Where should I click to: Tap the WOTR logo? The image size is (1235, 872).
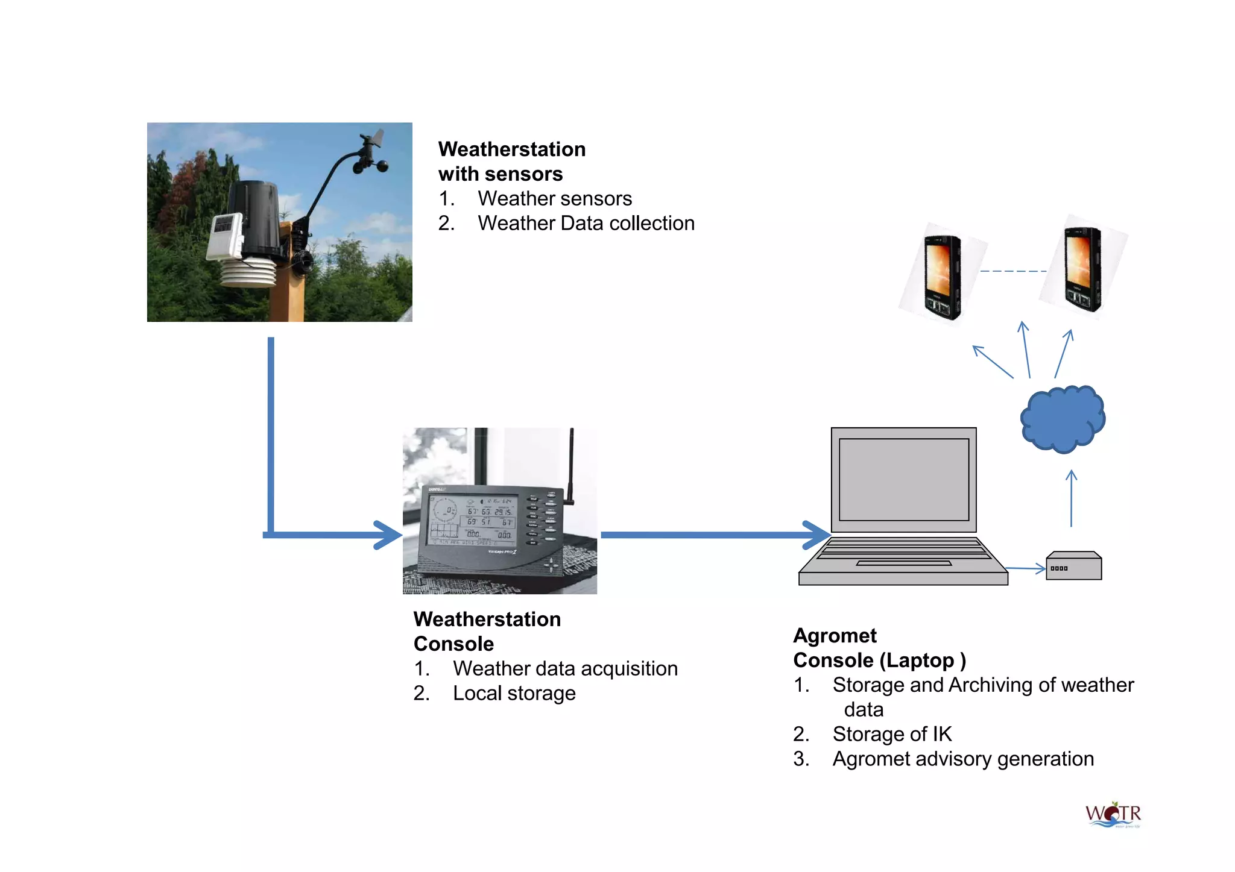coord(1113,815)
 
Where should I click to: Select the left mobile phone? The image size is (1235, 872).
coord(942,277)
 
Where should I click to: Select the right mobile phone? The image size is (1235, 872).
coord(1082,268)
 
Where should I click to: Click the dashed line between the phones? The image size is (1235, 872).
coord(1013,271)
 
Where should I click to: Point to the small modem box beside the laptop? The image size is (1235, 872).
coord(1073,566)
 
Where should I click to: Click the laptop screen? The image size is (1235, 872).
coord(903,480)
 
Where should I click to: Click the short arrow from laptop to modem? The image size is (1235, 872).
coord(1025,568)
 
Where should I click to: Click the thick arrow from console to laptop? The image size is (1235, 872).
coord(712,535)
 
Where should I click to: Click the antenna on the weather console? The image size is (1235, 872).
coord(571,464)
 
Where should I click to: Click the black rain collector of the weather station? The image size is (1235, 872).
coord(256,217)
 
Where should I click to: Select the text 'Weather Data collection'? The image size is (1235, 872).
coord(586,224)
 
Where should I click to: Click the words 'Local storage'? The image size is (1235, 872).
coord(514,694)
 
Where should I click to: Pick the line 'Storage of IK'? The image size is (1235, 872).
coord(892,734)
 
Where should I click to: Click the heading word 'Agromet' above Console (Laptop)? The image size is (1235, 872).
coord(835,636)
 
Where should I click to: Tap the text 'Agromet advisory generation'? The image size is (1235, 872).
coord(962,759)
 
